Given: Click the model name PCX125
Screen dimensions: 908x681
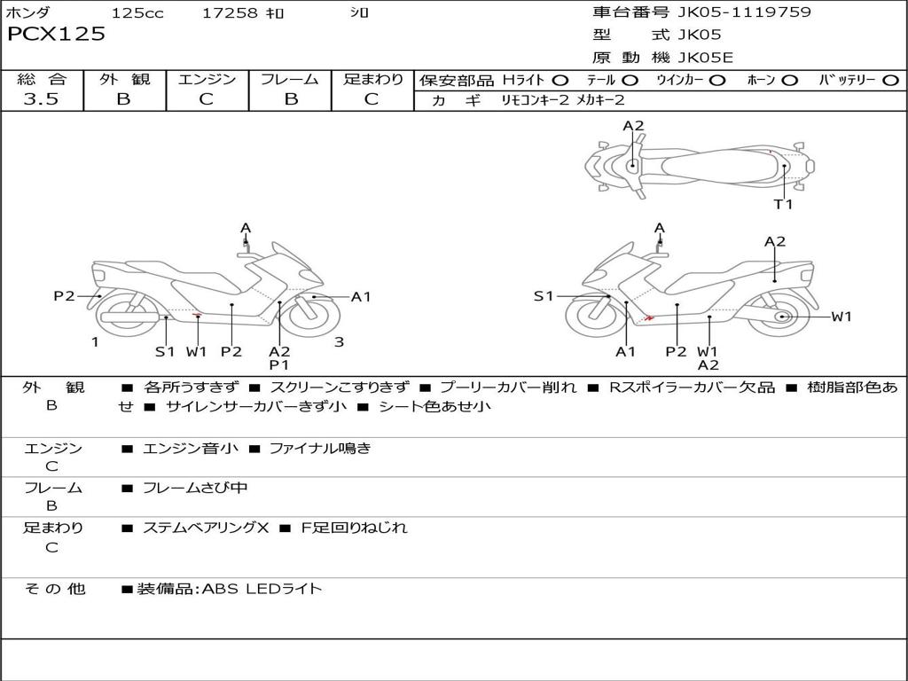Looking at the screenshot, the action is pos(56,35).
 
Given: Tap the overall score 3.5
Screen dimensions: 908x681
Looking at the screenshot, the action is pos(41,99).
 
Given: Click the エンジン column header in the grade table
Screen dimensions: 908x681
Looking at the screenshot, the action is pos(207,79).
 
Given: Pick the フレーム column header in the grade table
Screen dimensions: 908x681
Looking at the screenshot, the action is pos(290,79).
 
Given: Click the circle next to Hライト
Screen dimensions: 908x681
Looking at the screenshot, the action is pos(560,81).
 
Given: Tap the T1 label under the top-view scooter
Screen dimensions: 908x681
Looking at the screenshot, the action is pos(783,204).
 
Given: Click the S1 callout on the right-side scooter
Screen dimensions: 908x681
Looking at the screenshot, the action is pos(544,296).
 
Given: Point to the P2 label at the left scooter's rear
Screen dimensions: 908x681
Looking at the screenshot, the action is pos(64,296).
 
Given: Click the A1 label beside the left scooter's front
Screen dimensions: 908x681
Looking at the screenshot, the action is pos(361,297).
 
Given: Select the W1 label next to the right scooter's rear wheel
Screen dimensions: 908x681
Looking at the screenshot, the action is pos(841,317).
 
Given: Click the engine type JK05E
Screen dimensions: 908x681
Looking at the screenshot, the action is pos(706,58).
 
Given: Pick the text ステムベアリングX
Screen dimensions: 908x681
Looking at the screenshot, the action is pos(205,528).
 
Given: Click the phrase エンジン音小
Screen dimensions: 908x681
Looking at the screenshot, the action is pos(191,449).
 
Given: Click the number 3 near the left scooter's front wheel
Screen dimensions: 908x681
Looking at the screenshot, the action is pos(339,342).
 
